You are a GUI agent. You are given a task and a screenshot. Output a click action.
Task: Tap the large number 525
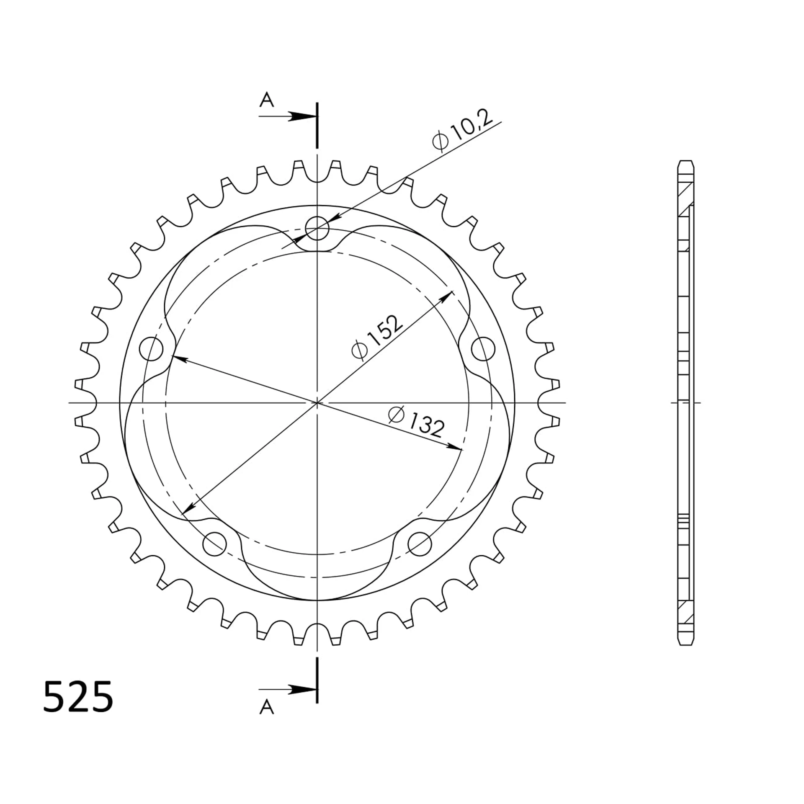[x=78, y=697]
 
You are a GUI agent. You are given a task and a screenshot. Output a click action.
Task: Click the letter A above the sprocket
[x=266, y=100]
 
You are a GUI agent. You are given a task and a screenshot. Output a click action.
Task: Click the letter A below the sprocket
[x=266, y=707]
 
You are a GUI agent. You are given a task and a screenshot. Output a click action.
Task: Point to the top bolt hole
[x=317, y=229]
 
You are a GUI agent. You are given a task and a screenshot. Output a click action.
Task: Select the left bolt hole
[x=151, y=349]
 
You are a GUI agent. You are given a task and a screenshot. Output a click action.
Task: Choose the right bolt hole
[x=483, y=349]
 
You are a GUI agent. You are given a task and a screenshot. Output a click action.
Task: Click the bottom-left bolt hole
[x=214, y=544]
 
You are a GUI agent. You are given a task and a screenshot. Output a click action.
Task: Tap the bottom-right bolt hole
[x=419, y=544]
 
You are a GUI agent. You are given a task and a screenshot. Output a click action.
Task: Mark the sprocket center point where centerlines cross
[x=317, y=403]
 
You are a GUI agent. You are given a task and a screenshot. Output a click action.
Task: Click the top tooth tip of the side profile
[x=685, y=162]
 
